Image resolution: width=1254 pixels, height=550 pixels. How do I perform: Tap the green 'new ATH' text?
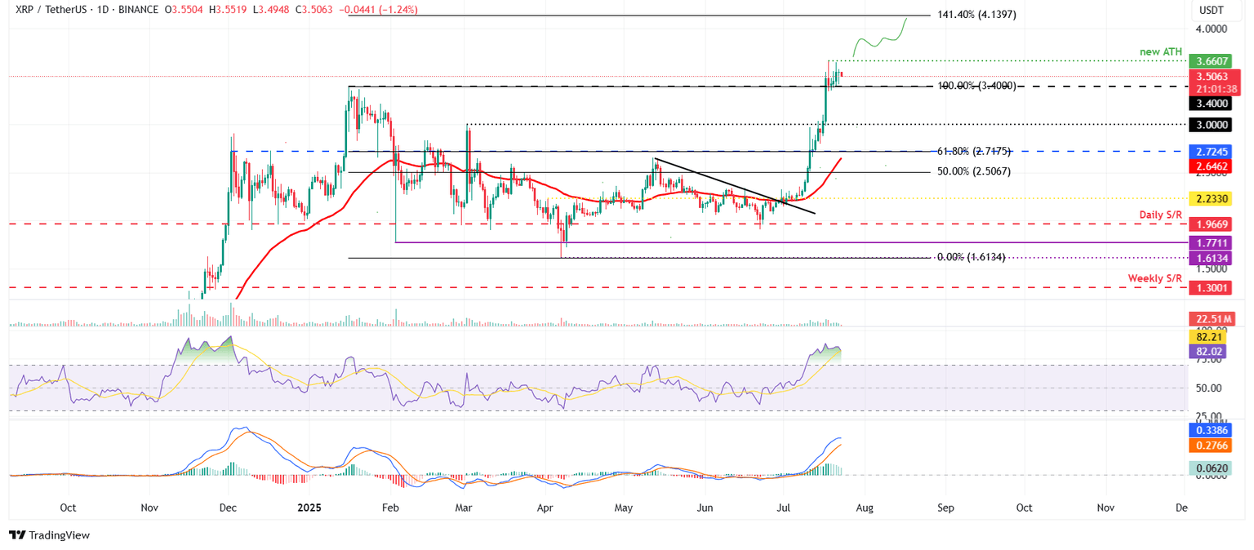tap(1161, 51)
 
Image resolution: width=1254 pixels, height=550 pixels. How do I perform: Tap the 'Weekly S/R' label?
tap(1154, 278)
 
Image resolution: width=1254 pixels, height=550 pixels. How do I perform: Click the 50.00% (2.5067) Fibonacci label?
tap(973, 172)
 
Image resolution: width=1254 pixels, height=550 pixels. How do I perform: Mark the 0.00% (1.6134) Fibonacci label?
tap(971, 257)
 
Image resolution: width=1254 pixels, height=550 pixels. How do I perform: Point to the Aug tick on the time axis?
tap(865, 507)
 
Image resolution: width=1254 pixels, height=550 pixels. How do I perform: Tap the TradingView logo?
tap(49, 535)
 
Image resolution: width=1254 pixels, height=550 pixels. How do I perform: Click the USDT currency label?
tap(1212, 10)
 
